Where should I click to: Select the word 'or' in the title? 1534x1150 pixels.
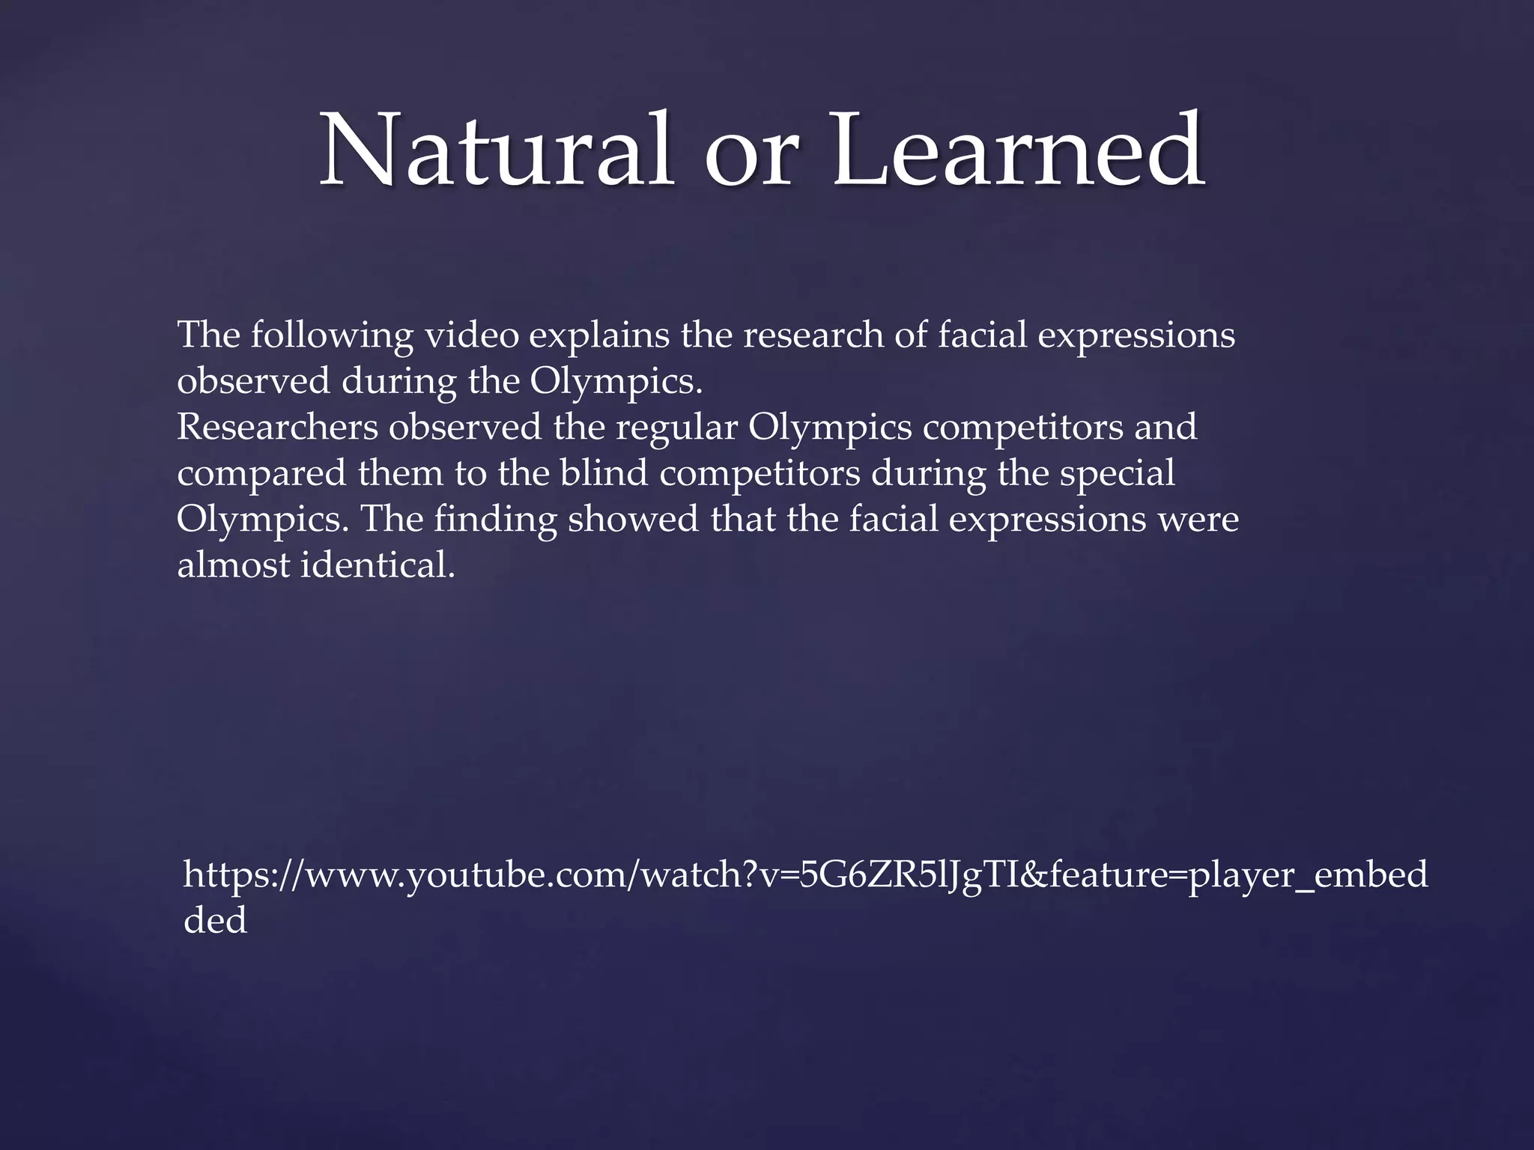[x=748, y=157]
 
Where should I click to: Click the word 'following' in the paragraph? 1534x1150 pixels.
[x=332, y=336]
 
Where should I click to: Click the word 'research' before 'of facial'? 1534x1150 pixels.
[x=813, y=335]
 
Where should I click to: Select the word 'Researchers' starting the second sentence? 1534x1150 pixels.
[x=278, y=428]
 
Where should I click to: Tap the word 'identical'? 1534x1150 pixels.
[x=378, y=565]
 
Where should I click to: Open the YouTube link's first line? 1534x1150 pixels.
[x=805, y=874]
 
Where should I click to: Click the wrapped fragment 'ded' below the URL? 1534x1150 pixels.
[x=215, y=920]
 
